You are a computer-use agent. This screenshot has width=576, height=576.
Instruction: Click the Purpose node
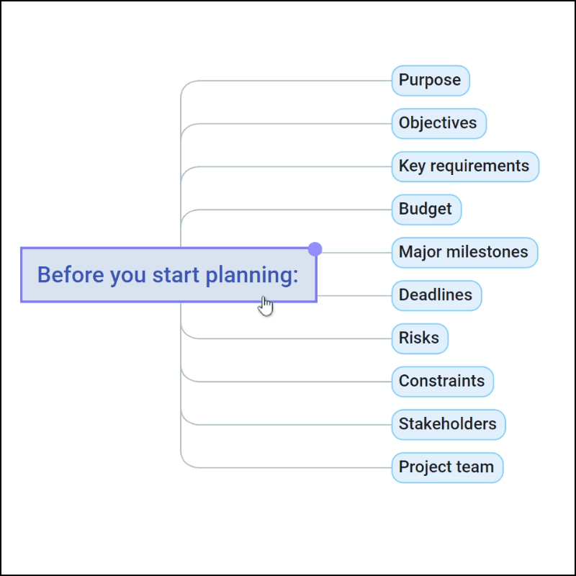click(x=431, y=81)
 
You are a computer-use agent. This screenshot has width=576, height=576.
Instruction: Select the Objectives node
click(x=439, y=123)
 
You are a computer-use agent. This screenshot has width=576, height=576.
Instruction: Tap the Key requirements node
click(x=465, y=166)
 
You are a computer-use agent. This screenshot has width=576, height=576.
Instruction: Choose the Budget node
click(x=426, y=210)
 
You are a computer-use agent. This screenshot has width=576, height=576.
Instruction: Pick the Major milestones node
click(x=464, y=253)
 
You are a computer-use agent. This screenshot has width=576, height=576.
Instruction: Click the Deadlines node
click(x=436, y=295)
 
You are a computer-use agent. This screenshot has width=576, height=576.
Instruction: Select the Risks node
click(x=420, y=338)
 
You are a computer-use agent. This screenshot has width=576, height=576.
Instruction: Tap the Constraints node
click(x=442, y=382)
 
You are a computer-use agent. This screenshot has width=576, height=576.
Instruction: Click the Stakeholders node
click(x=449, y=424)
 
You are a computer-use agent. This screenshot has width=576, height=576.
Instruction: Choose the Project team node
click(x=447, y=467)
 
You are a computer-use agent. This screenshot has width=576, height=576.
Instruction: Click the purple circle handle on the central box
click(x=315, y=249)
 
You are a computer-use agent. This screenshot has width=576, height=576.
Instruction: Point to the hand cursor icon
click(x=266, y=306)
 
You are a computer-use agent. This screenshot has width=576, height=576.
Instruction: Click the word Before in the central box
click(x=71, y=275)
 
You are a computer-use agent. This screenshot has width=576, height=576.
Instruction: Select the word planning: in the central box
click(x=252, y=276)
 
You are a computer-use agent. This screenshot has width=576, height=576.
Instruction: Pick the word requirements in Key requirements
click(x=480, y=166)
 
